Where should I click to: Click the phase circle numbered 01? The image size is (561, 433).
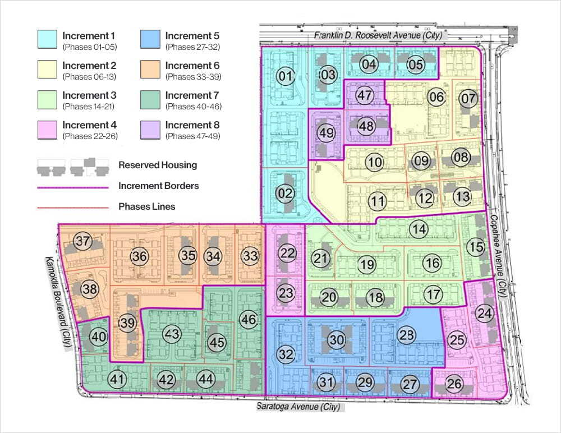pyautogui.click(x=286, y=76)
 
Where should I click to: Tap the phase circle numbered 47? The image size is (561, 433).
pyautogui.click(x=365, y=95)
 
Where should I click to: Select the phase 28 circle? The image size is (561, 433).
pyautogui.click(x=407, y=335)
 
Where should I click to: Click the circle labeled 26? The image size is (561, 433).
pyautogui.click(x=454, y=384)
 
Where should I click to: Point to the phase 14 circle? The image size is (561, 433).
pyautogui.click(x=418, y=228)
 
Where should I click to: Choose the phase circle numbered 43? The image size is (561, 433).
pyautogui.click(x=172, y=334)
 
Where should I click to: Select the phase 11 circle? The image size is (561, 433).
pyautogui.click(x=378, y=200)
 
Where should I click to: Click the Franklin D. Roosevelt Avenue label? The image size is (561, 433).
pyautogui.click(x=378, y=35)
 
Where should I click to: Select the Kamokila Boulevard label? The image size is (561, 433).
pyautogui.click(x=58, y=303)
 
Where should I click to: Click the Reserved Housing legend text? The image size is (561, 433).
pyautogui.click(x=158, y=165)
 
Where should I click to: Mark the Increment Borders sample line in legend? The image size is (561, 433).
pyautogui.click(x=72, y=186)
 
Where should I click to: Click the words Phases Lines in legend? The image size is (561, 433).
pyautogui.click(x=146, y=206)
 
